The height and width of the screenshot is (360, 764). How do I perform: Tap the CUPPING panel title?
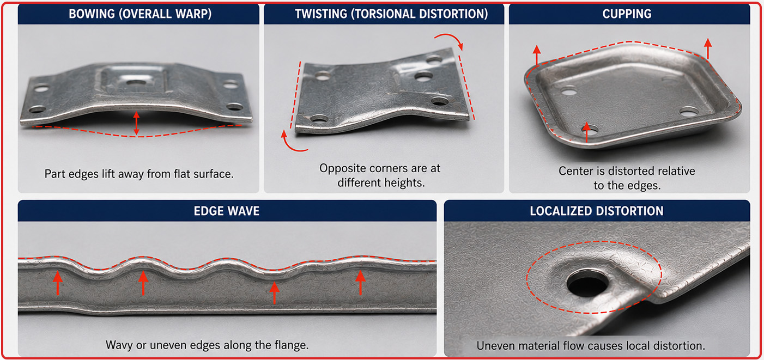(627, 14)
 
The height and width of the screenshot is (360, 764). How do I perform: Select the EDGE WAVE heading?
(227, 211)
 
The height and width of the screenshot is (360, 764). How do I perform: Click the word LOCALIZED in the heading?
(556, 211)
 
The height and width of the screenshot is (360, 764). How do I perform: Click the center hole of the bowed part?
(136, 83)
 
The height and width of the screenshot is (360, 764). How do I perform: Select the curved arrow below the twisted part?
(290, 143)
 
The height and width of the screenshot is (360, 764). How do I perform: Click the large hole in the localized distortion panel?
(587, 283)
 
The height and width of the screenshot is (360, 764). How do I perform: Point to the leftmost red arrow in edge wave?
(58, 283)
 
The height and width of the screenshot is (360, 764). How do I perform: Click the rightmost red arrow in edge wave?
(361, 283)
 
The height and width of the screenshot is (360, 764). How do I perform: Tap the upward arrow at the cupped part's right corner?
(708, 48)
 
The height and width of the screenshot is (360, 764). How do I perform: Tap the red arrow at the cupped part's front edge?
(586, 132)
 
